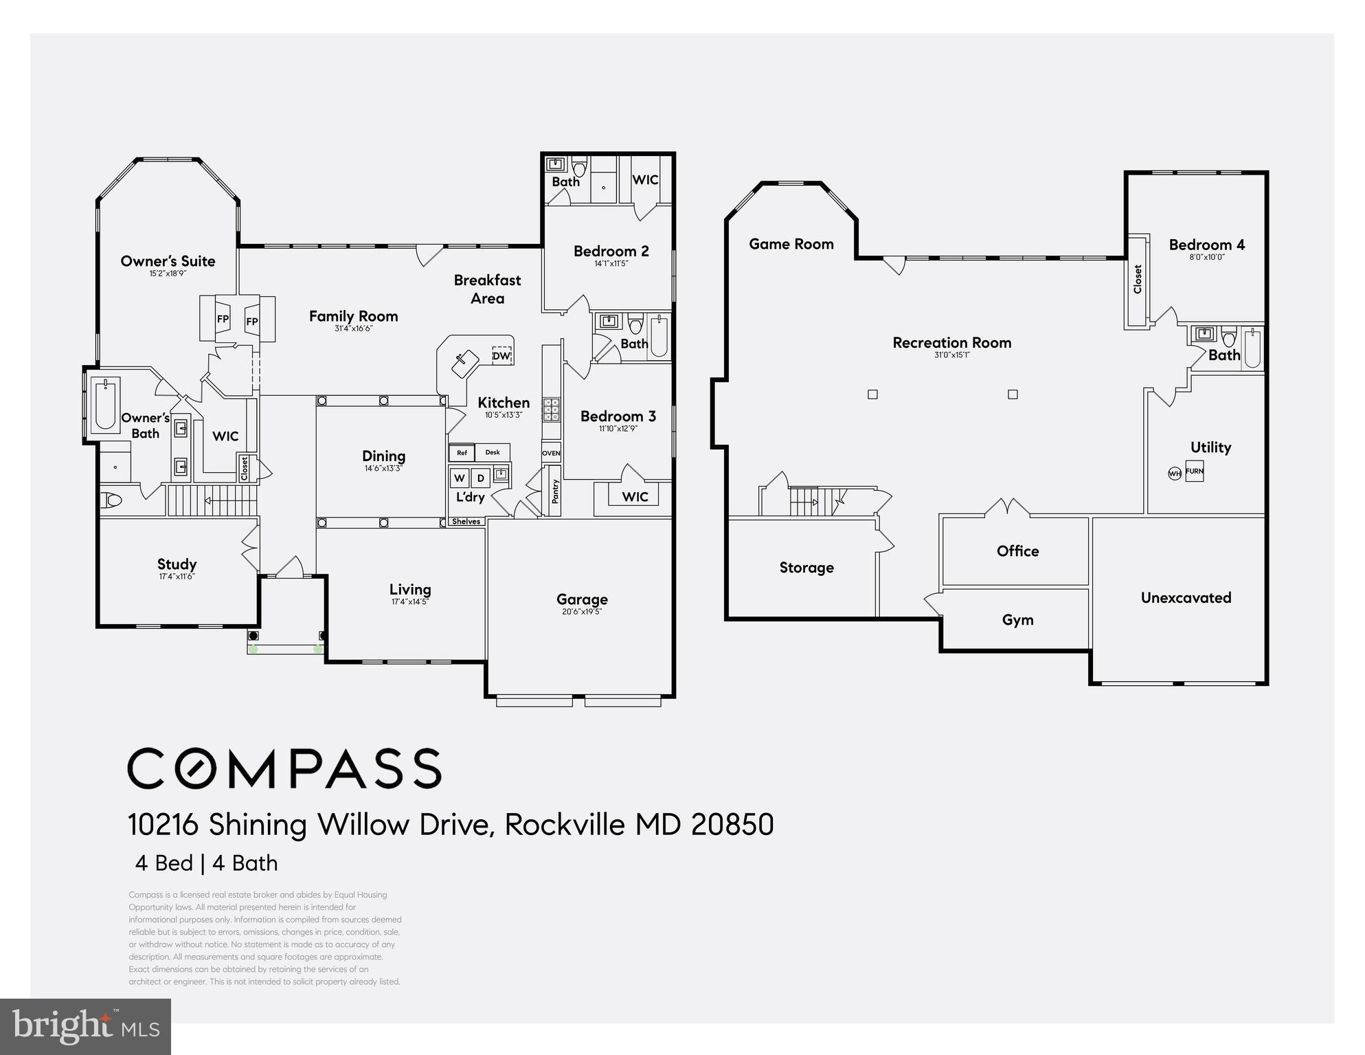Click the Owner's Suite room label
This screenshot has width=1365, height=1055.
point(168,261)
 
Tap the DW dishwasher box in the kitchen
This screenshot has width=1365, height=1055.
point(501,355)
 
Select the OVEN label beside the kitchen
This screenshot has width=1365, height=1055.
point(551,454)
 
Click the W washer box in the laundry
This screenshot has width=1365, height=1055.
point(460,478)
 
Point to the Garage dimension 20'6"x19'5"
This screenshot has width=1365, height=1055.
point(582,612)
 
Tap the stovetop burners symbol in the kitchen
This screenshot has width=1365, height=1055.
point(552,409)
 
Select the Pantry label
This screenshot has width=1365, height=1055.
point(555,491)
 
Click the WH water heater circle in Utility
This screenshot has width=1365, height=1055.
point(1175,474)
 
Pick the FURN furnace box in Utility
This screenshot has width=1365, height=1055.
point(1195,471)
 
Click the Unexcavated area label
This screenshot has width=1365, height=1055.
point(1186,598)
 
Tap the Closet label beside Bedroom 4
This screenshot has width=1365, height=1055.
point(1138,280)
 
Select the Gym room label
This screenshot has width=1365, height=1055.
point(1017,620)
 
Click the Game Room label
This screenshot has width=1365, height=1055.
point(791,244)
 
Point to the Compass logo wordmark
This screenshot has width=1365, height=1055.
point(284,768)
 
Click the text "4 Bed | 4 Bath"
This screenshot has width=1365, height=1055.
point(207,863)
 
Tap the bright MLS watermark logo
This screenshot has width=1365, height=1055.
point(86,1027)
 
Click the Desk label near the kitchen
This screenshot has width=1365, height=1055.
point(493,452)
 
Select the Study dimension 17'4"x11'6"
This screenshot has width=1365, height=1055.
point(177,577)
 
